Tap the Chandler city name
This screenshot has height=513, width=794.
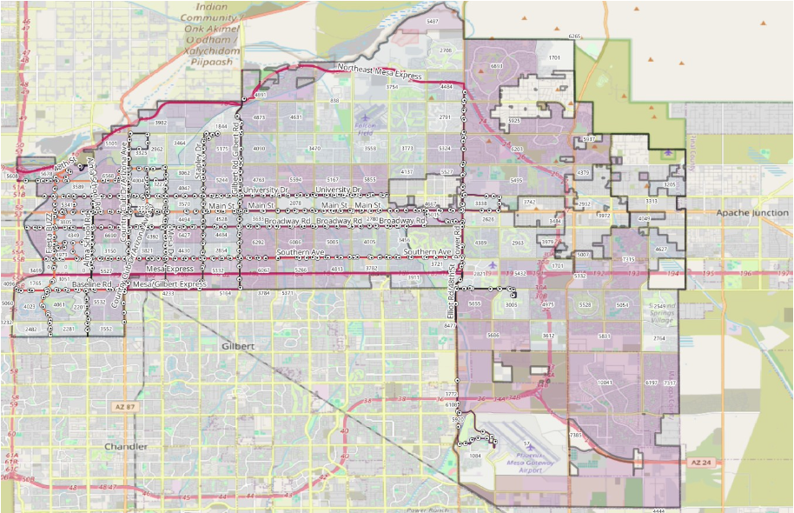(x=119, y=447)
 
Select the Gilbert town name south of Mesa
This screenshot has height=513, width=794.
(x=238, y=346)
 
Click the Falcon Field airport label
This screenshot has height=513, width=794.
(x=367, y=126)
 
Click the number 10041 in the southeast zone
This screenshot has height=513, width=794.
(x=605, y=383)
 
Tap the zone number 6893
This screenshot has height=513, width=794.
(x=497, y=66)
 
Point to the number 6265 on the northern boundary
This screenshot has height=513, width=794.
(x=573, y=37)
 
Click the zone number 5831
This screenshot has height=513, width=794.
(x=605, y=336)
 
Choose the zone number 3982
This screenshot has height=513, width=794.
(x=160, y=123)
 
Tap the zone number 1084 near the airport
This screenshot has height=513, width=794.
(x=474, y=455)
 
